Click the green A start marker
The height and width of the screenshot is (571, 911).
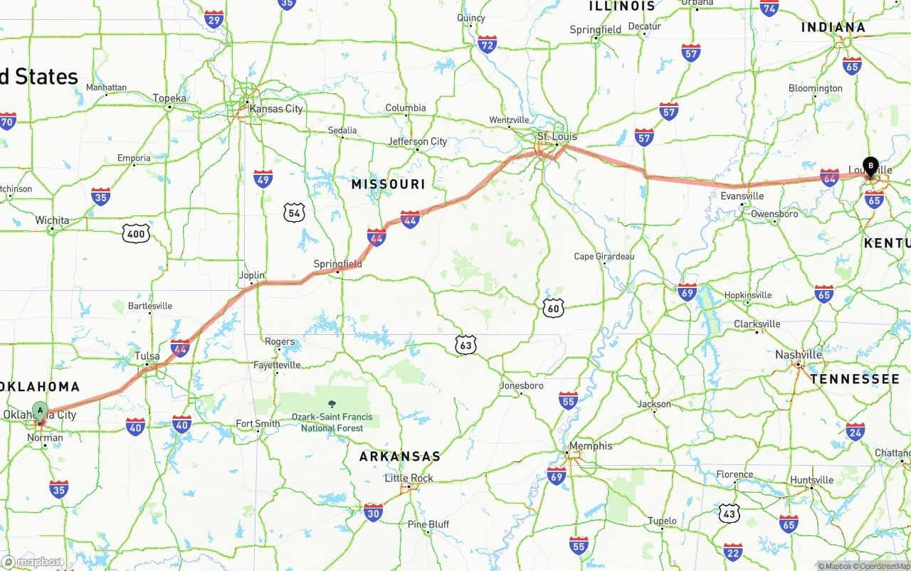(41, 411)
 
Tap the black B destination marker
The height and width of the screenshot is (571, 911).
(870, 166)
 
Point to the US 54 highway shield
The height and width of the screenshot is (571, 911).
(294, 212)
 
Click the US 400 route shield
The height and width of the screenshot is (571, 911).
(135, 233)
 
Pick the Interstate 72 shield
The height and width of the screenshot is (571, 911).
(488, 44)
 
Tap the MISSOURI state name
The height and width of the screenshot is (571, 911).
(388, 184)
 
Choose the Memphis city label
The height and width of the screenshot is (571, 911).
(591, 446)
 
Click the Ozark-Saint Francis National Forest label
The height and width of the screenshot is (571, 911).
(332, 422)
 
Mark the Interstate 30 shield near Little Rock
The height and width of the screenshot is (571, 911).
(373, 512)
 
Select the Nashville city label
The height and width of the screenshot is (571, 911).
(799, 354)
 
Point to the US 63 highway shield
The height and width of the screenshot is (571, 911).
(465, 345)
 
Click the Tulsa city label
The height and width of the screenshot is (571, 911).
(147, 356)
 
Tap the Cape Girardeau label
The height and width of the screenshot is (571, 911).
(604, 256)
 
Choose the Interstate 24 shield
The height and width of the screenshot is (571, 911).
(855, 431)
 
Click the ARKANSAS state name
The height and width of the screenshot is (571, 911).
(399, 457)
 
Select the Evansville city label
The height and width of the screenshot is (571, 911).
(742, 196)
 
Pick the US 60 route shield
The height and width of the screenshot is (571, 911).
(553, 307)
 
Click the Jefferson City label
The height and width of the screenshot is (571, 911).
(417, 142)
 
